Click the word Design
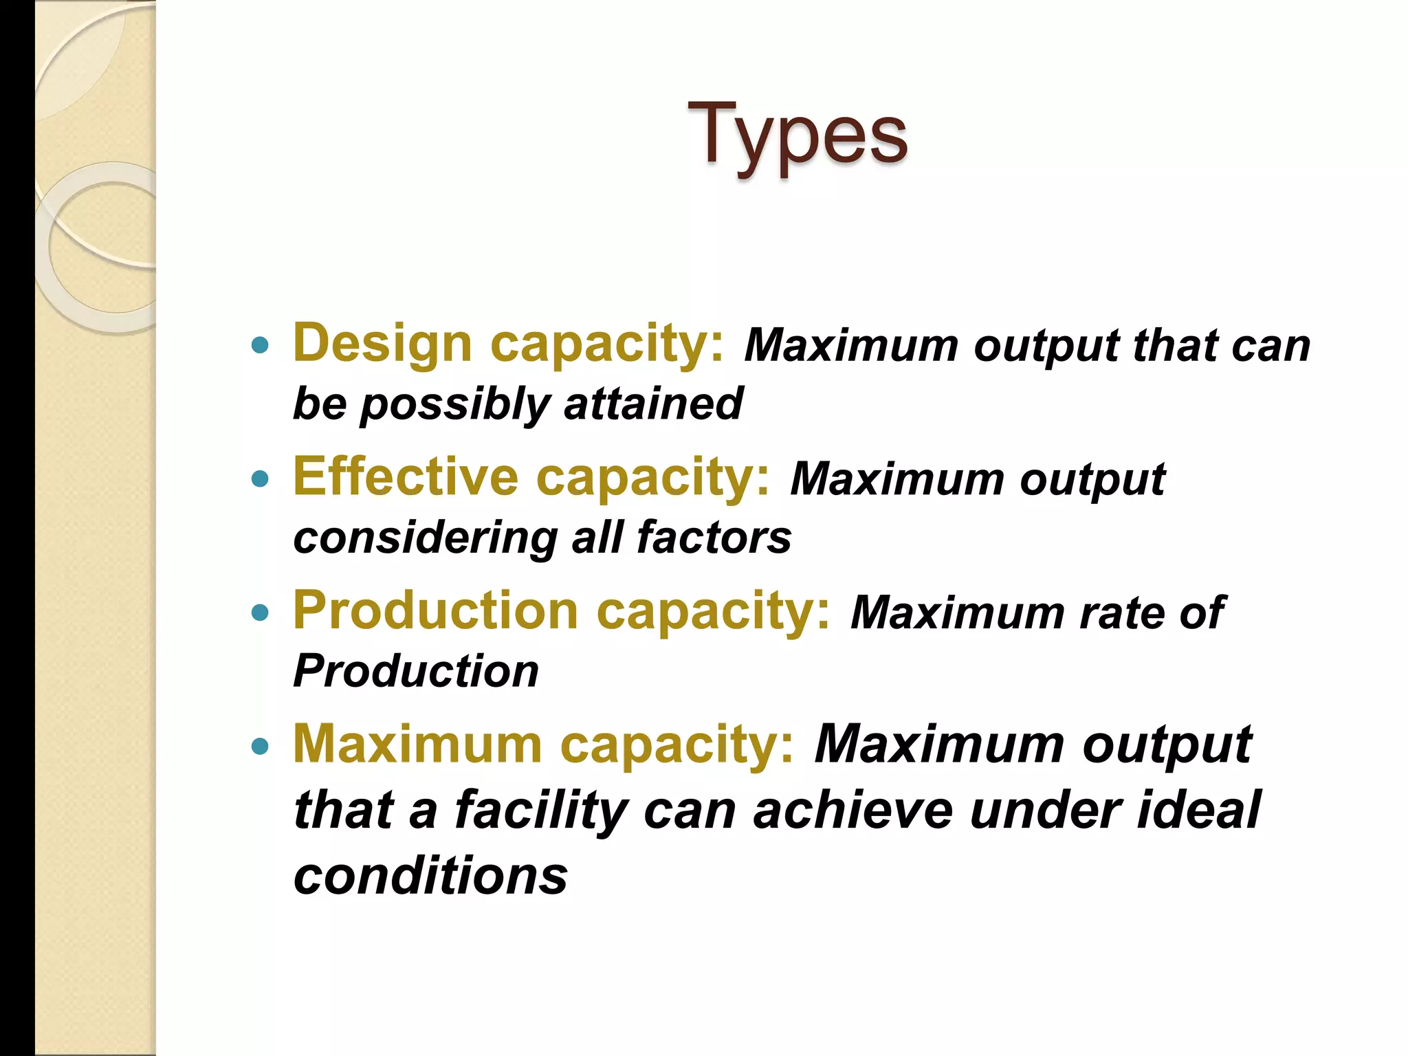click(382, 343)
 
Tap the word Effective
click(406, 476)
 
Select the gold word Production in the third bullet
click(435, 610)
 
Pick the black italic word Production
click(416, 671)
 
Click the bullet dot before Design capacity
click(260, 345)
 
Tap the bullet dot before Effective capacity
click(260, 478)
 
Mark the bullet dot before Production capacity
click(260, 612)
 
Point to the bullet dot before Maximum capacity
click(260, 746)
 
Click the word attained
click(653, 404)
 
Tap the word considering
click(425, 538)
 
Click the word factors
click(714, 537)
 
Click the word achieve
click(852, 811)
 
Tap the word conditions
click(430, 876)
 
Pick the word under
click(1044, 811)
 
